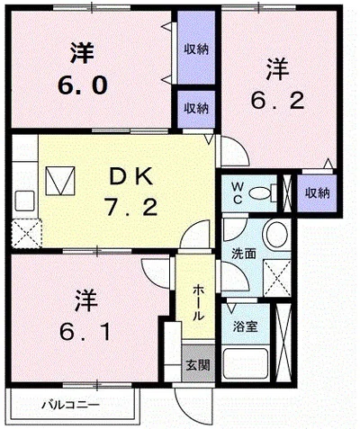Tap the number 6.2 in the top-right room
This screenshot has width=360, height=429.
click(x=276, y=99)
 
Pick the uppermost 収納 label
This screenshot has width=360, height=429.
click(x=197, y=49)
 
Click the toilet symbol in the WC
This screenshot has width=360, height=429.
click(x=263, y=192)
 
